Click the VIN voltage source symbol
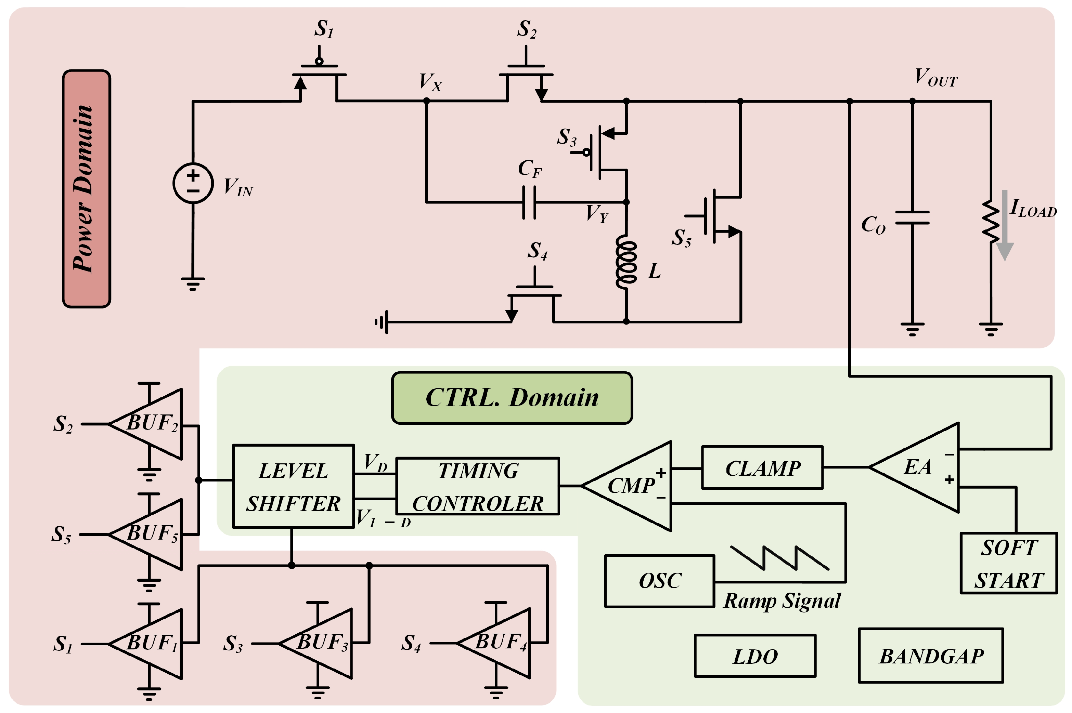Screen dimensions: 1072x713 click(x=193, y=183)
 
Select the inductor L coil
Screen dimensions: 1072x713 click(x=626, y=262)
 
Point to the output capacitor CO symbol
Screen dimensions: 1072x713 click(x=912, y=218)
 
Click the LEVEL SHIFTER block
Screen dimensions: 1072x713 click(x=294, y=486)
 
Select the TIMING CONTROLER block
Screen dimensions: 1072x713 click(x=478, y=486)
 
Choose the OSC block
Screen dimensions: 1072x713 click(x=659, y=581)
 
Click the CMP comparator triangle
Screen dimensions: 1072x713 click(x=627, y=486)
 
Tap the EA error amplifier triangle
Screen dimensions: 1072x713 click(x=914, y=467)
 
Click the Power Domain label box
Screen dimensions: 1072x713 click(x=87, y=189)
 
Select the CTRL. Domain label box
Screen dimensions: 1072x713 click(x=512, y=398)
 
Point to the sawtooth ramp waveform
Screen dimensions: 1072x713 click(x=779, y=557)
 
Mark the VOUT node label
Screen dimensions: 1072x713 click(x=936, y=77)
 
